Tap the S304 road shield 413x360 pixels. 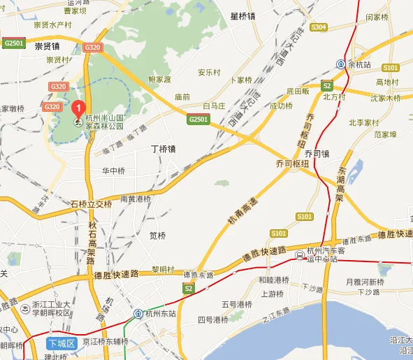click(x=318, y=27)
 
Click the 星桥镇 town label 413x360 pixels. click(x=244, y=15)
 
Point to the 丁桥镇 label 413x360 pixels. click(x=163, y=149)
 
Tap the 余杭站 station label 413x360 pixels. click(x=361, y=64)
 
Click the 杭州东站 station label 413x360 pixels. click(x=162, y=315)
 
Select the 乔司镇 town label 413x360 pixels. click(x=316, y=153)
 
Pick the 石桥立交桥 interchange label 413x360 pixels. click(x=91, y=204)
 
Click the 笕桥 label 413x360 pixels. click(x=158, y=236)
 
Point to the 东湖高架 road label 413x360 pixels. click(x=341, y=183)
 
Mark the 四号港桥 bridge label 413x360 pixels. click(x=212, y=319)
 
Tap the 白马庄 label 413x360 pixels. click(x=212, y=106)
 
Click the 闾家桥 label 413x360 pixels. click(x=377, y=16)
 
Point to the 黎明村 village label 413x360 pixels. click(x=162, y=269)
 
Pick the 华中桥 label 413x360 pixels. click(x=113, y=171)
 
